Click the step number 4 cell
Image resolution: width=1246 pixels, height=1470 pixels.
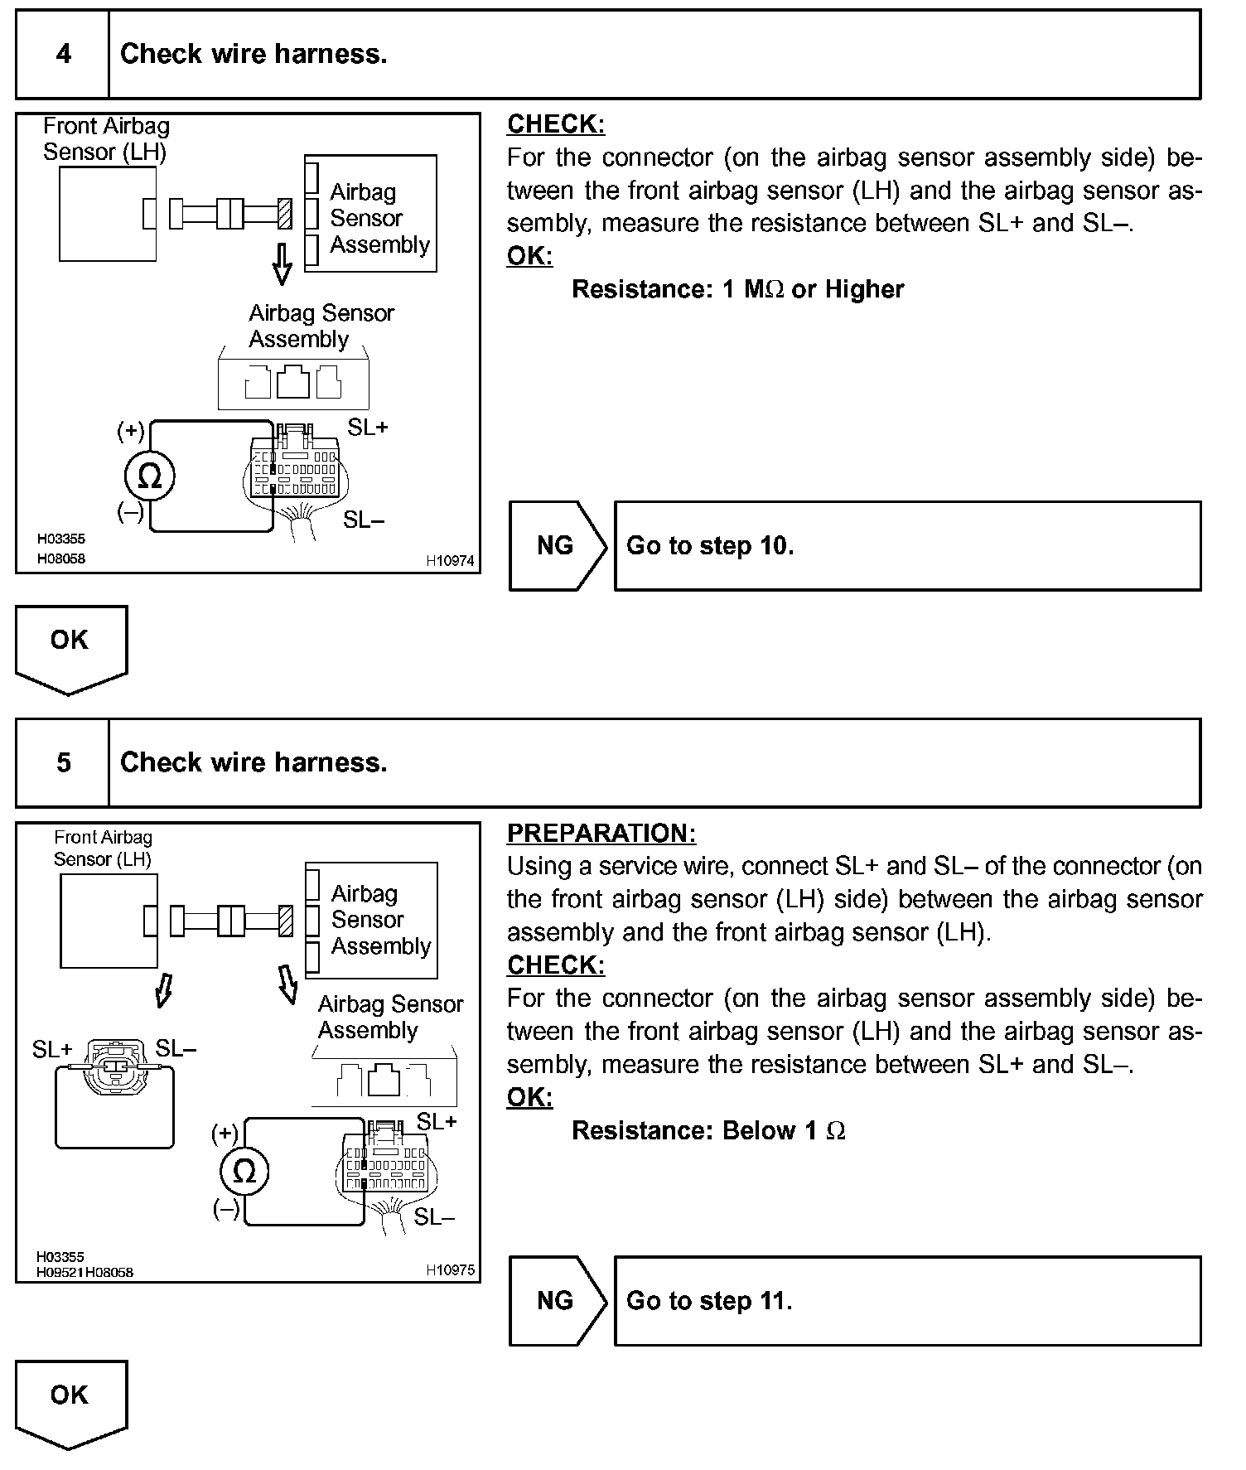pyautogui.click(x=63, y=55)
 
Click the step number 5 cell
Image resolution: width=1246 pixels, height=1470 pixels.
pyautogui.click(x=63, y=763)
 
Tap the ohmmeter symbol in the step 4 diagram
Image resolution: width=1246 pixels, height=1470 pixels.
pyautogui.click(x=150, y=476)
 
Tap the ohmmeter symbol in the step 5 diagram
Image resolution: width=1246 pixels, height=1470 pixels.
pyautogui.click(x=245, y=1172)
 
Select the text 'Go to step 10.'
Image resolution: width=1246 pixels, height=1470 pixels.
pyautogui.click(x=710, y=546)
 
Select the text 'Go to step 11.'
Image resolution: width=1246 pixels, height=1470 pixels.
pyautogui.click(x=709, y=1301)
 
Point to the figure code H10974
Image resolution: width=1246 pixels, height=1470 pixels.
pyautogui.click(x=450, y=561)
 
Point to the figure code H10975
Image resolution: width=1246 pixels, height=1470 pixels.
pyautogui.click(x=450, y=1270)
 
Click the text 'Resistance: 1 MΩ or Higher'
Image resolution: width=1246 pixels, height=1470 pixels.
pyautogui.click(x=737, y=289)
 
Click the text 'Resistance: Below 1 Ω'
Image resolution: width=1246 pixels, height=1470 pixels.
pyautogui.click(x=708, y=1131)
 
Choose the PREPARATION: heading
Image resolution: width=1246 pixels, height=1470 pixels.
pyautogui.click(x=601, y=833)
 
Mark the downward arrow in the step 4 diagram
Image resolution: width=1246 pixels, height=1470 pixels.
pyautogui.click(x=283, y=264)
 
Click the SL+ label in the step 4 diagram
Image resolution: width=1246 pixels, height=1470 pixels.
pyautogui.click(x=368, y=428)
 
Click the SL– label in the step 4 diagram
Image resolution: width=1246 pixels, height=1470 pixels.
pyautogui.click(x=364, y=520)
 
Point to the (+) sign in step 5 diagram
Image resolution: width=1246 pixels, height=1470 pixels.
pyautogui.click(x=225, y=1133)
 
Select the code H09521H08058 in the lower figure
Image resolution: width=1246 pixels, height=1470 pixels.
pyautogui.click(x=85, y=1272)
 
